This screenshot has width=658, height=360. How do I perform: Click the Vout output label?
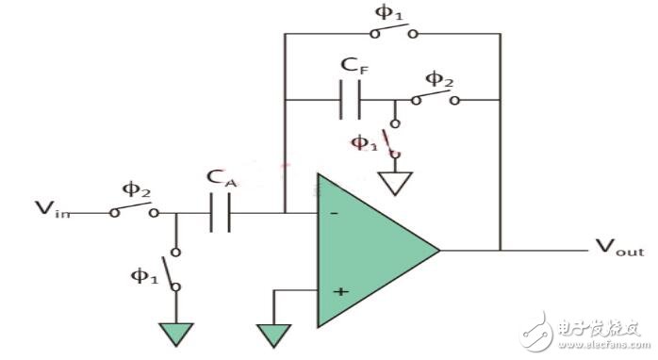click(619, 249)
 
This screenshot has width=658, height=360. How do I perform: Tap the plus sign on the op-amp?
click(340, 291)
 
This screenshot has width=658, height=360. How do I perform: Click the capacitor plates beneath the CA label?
click(220, 214)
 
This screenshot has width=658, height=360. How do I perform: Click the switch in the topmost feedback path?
click(394, 34)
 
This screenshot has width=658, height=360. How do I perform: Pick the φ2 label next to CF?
click(436, 78)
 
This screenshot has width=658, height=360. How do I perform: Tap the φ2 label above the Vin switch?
click(137, 191)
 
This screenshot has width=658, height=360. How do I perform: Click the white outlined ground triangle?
click(396, 183)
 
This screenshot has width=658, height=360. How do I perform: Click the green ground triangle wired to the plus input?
click(273, 334)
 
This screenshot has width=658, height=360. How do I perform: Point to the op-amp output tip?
click(438, 250)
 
